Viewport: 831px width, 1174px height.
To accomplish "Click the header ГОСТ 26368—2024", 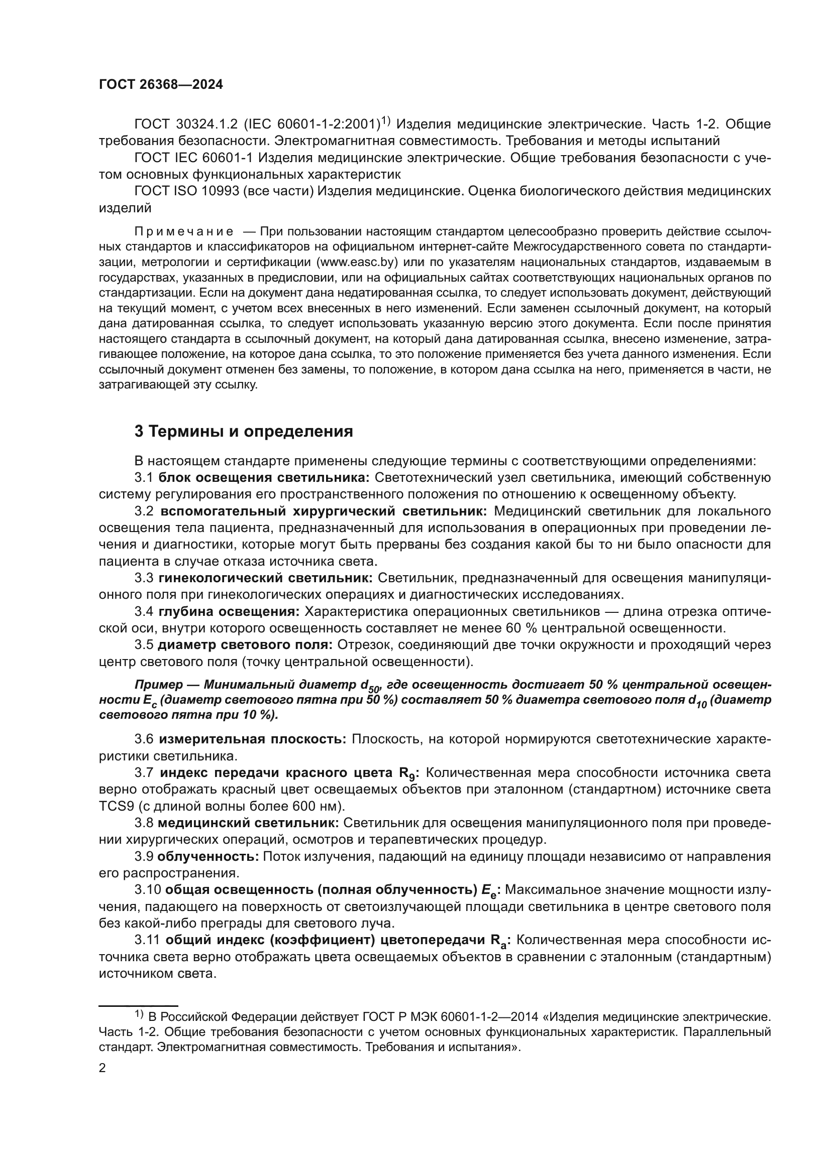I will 161,85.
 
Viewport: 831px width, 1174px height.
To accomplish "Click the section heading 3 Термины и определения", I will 244,431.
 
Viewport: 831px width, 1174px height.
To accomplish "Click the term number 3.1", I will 144,477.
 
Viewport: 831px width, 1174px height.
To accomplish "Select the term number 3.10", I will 147,890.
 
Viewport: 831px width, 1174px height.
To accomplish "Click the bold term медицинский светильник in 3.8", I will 248,823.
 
